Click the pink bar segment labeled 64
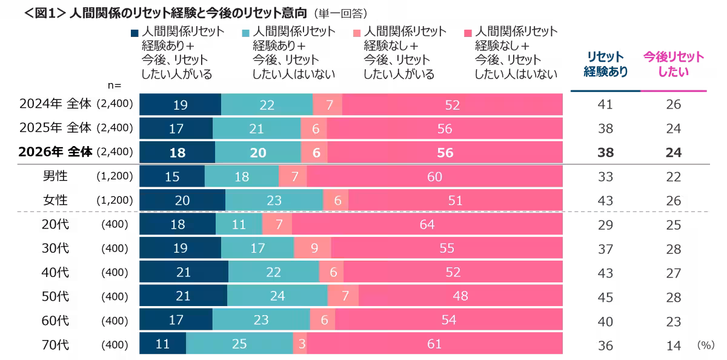(427, 225)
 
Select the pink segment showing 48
(460, 296)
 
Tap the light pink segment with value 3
(300, 344)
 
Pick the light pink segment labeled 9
(313, 248)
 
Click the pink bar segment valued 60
(434, 177)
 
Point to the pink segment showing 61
(434, 344)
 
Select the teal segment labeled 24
(277, 296)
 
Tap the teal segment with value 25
(239, 344)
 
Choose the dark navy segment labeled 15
(172, 177)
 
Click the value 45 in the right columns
(605, 296)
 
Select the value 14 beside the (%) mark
(673, 345)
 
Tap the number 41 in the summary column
(605, 105)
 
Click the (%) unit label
(706, 344)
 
